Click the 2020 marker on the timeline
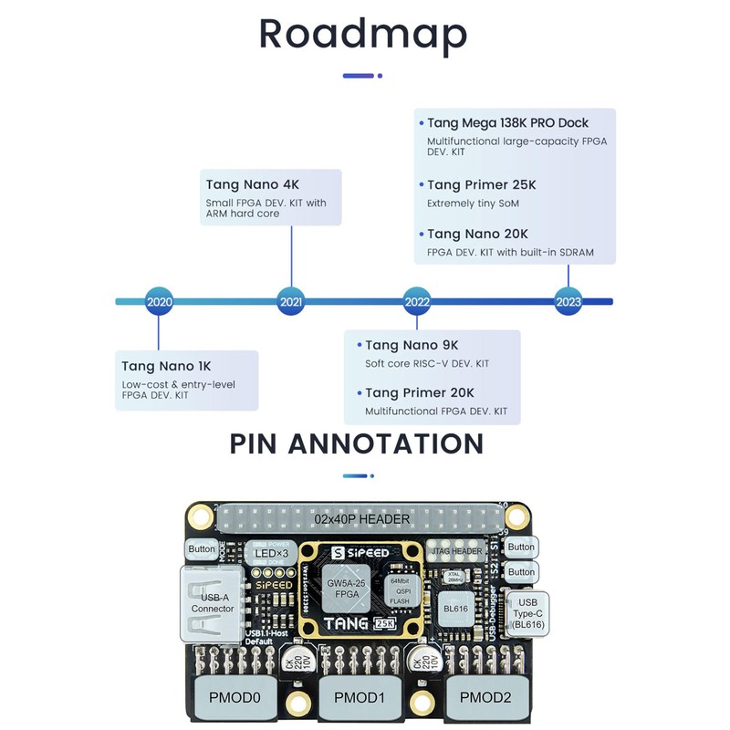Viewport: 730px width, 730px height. click(x=159, y=302)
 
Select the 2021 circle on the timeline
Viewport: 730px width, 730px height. click(x=291, y=302)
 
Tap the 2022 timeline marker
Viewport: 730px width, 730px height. click(x=417, y=302)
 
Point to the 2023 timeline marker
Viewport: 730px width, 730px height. click(x=568, y=302)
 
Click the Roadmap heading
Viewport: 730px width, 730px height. click(x=363, y=34)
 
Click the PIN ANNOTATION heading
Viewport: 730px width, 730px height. click(x=357, y=444)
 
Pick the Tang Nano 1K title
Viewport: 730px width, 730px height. click(x=166, y=366)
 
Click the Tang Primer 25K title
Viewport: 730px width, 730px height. click(x=481, y=185)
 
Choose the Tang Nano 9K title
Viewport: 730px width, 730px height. click(x=412, y=345)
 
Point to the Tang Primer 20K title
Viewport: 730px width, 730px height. click(x=420, y=393)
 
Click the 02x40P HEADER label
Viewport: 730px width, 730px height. click(x=362, y=519)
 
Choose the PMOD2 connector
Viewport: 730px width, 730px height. click(x=485, y=698)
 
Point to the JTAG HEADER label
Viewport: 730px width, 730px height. click(x=455, y=550)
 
